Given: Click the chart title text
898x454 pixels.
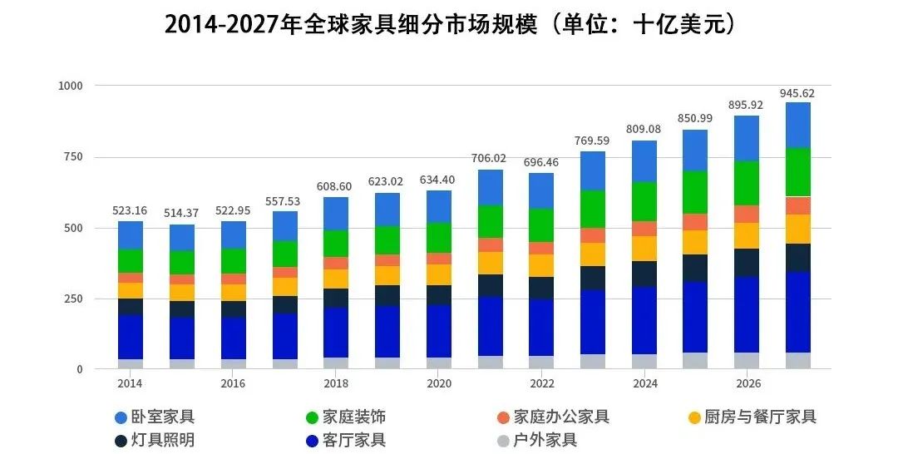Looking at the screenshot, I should coord(450,25).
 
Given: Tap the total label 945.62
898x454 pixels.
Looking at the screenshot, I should coord(797,93).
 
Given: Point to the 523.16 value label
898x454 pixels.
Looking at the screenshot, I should coord(130,210).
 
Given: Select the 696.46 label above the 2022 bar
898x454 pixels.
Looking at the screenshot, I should coord(541,162).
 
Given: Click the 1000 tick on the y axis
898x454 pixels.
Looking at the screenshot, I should coord(71,86).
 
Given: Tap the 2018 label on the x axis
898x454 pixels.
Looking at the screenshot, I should coord(336,383).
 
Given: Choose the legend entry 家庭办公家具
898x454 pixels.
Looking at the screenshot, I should coord(561,417).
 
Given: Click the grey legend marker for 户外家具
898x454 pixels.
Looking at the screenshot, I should coord(502,441).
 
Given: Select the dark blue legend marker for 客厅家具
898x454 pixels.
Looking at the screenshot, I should coord(312,441).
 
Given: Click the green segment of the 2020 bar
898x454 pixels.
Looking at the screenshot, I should coord(438,238).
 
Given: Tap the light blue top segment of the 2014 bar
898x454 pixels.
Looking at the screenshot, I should coord(130,235).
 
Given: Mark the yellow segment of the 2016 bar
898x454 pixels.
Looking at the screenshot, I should coord(233,293).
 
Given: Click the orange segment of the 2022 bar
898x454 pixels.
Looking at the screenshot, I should coord(541,248).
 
